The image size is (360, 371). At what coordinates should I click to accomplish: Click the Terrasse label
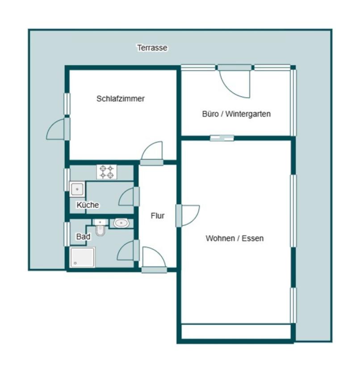click(x=152, y=48)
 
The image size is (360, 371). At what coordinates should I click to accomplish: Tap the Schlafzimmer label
click(x=121, y=99)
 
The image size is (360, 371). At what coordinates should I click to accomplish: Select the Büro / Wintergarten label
click(x=236, y=114)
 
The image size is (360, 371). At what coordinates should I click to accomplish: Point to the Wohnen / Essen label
click(x=234, y=238)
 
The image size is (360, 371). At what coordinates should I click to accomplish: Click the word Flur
click(x=157, y=216)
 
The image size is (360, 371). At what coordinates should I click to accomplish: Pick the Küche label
click(x=88, y=205)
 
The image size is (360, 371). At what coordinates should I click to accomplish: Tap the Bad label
click(x=83, y=236)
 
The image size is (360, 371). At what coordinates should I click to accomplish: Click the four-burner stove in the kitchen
click(x=107, y=172)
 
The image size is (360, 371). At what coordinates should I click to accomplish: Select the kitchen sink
click(x=77, y=189)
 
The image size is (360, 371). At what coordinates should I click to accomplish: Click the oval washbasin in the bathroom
click(x=121, y=223)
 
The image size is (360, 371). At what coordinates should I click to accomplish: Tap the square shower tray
click(x=83, y=257)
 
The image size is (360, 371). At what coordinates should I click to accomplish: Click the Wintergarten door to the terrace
click(x=235, y=81)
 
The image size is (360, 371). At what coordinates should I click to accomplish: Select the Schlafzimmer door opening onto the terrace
click(x=58, y=129)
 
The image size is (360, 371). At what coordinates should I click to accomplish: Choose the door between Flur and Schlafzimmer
click(x=152, y=153)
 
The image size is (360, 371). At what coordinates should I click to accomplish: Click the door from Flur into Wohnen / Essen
click(x=188, y=215)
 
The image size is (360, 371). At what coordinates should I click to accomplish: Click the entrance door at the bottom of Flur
click(x=155, y=260)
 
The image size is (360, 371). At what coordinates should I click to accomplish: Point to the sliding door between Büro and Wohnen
click(x=222, y=138)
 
